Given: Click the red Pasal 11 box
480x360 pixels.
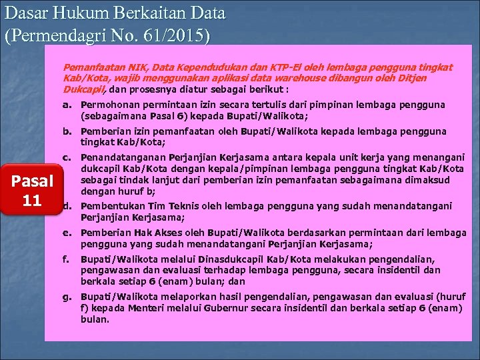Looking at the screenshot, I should (x=32, y=190).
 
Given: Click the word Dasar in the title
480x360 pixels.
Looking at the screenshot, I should (x=27, y=13).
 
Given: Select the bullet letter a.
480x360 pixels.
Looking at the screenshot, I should (x=66, y=105).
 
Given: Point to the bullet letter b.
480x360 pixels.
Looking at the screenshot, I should (x=66, y=131).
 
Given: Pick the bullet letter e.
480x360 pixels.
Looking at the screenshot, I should (x=66, y=233).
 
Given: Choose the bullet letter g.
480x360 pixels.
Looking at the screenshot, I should (x=66, y=295).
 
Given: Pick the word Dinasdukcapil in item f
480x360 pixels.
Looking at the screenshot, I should (x=207, y=259).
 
